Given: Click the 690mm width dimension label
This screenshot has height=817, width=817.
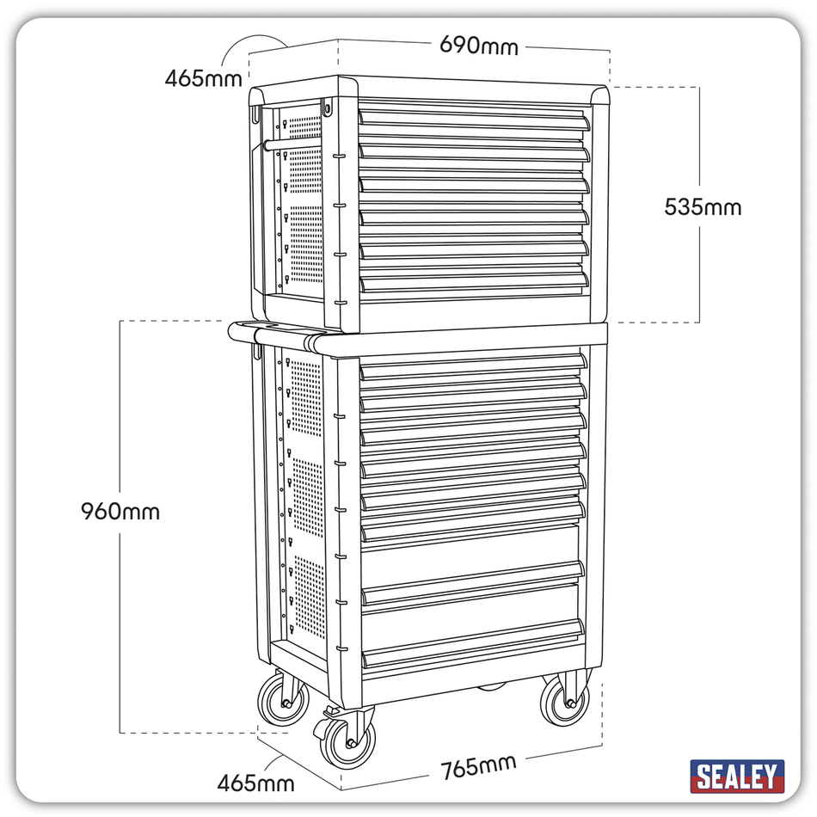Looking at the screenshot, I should point(479,44).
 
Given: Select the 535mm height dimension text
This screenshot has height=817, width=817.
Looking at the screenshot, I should point(702,206).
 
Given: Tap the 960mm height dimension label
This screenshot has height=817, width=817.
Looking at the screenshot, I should point(120,511).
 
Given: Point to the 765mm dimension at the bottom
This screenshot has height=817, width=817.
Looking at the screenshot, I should point(478,764).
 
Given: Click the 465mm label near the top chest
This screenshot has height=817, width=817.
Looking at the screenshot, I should point(204,78).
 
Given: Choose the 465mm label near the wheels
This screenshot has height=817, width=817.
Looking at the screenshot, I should point(255,783).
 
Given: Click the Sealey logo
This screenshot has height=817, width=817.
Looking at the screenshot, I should point(737,776).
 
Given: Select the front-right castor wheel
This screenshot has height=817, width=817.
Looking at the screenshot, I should point(566,701).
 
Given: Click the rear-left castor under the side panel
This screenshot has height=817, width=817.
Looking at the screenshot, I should point(285,702).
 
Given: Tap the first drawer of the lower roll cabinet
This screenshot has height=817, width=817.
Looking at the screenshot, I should point(473,365).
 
